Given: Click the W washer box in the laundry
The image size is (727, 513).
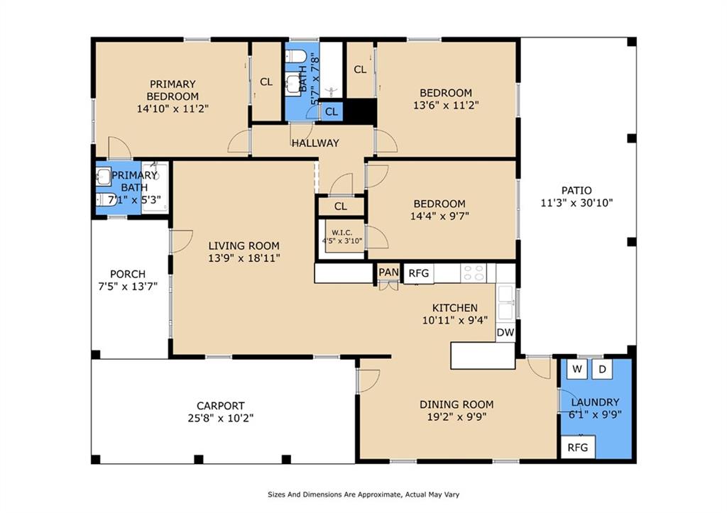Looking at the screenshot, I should (577, 369).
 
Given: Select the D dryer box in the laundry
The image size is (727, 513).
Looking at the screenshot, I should (602, 369).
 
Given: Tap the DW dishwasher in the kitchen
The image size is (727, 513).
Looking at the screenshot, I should (505, 332).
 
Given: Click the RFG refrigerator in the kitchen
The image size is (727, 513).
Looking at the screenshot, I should (418, 273).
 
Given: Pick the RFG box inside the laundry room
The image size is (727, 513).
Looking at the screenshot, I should (577, 448).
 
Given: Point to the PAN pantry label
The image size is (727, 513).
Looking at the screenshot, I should (388, 272).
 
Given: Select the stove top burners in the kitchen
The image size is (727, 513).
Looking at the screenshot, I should (474, 272).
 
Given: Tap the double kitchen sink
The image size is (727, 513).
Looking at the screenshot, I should (506, 302).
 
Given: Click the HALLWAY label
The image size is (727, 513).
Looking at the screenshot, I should (315, 143).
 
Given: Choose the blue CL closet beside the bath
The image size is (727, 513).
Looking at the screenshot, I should (332, 111).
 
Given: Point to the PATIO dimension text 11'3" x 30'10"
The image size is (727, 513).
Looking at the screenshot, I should (576, 202).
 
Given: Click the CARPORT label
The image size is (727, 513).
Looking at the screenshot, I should (222, 406).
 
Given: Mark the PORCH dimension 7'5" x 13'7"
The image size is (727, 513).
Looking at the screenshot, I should (129, 286).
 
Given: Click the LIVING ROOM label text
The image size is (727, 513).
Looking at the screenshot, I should (244, 246).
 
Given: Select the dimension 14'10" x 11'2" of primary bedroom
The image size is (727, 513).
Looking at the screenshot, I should (173, 109).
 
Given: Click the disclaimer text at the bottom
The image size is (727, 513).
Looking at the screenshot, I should (367, 494).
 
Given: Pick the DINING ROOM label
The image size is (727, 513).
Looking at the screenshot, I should (457, 404).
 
